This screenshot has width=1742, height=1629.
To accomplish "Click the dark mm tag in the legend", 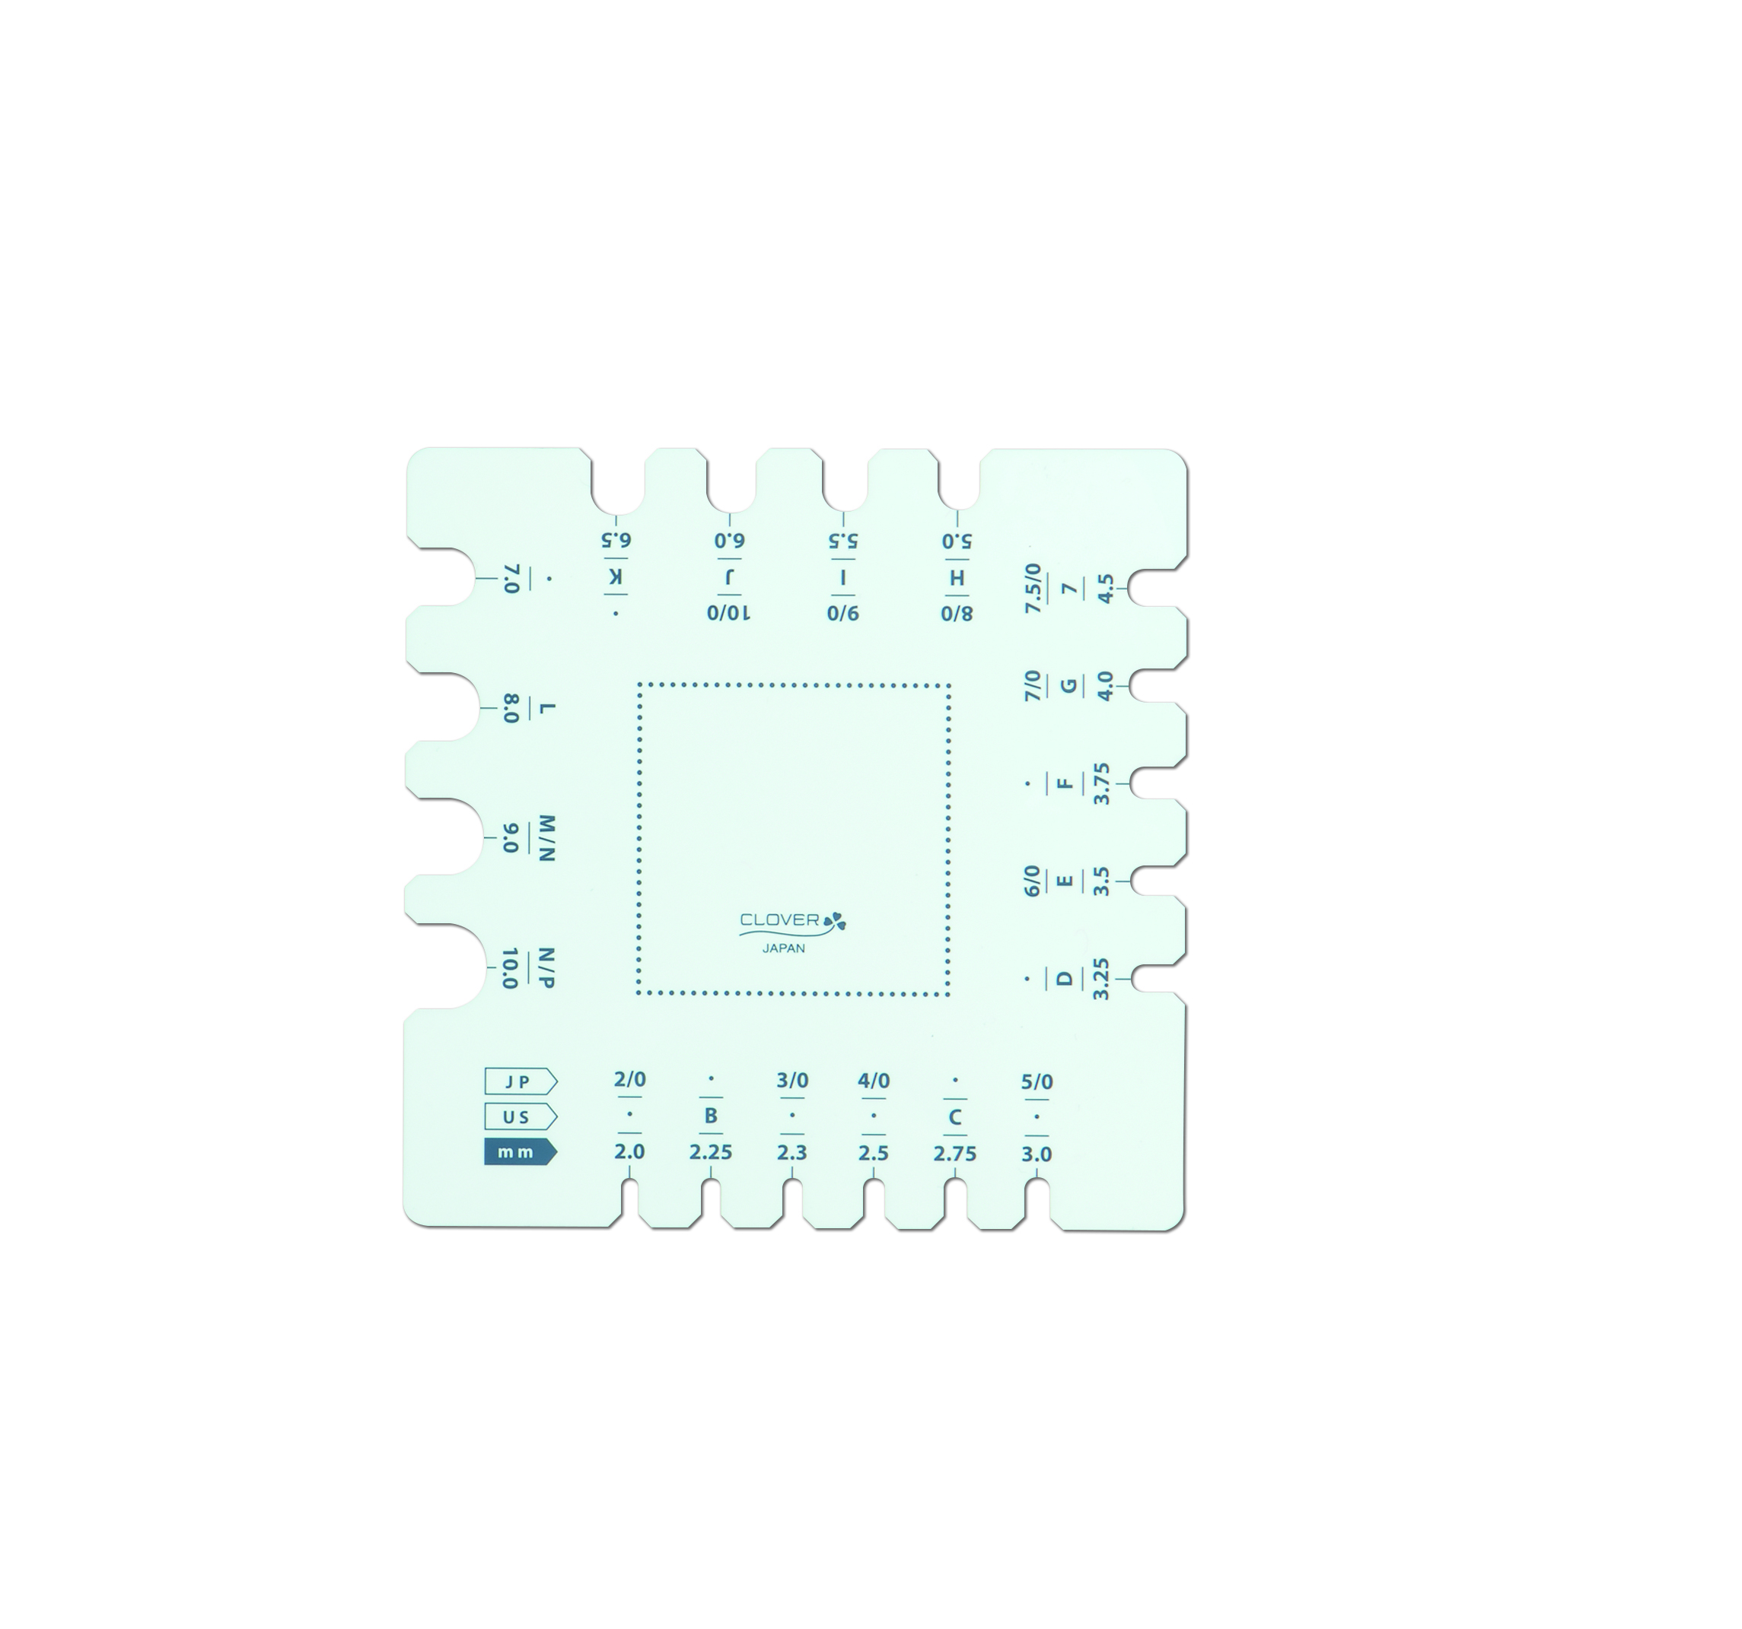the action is pos(520,1151).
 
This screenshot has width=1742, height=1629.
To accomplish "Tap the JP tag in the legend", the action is pos(520,1081).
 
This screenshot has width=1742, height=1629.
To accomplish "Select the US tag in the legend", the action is pos(520,1116).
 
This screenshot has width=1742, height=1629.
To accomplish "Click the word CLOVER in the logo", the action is pos(780,919).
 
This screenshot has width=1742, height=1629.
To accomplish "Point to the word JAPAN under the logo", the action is pos(783,948).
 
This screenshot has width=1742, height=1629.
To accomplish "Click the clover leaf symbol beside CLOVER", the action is pos(835,920).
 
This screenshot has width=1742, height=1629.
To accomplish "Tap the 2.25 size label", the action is pos(710,1153).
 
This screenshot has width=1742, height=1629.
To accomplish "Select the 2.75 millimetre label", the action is pos(954,1154).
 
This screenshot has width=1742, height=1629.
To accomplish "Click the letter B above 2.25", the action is pos(711,1116).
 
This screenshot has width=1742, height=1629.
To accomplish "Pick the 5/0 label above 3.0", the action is pos(1037,1081).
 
